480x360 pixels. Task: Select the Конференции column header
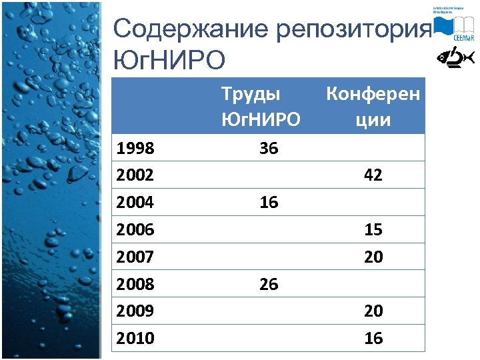(373, 107)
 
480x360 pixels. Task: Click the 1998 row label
(135, 148)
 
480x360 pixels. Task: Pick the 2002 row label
(135, 175)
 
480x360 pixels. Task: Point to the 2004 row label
(135, 203)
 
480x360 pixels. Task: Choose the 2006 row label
(135, 230)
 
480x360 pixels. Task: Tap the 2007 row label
(135, 257)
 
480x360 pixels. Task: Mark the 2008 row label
(135, 285)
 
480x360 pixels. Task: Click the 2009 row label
(135, 311)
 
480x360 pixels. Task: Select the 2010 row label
(135, 339)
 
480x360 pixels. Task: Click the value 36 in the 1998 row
(269, 148)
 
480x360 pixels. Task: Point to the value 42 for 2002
(373, 175)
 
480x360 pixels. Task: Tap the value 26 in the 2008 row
(269, 285)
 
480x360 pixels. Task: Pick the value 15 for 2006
(373, 230)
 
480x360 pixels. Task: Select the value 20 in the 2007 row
(373, 257)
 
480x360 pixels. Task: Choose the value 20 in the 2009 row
(373, 311)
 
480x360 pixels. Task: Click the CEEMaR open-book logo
(453, 27)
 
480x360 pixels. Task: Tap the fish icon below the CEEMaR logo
(455, 59)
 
